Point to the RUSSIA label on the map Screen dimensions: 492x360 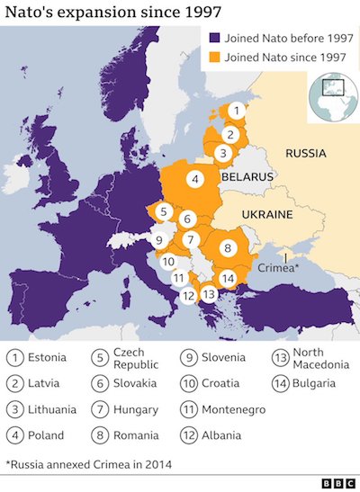tap(305, 154)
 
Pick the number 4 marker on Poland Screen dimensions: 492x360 tap(194, 179)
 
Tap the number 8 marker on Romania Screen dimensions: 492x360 tap(228, 247)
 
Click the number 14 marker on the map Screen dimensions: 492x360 tap(228, 278)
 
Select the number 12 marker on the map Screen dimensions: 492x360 tap(188, 295)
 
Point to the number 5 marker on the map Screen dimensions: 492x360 tap(164, 212)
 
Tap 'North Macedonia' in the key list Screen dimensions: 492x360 tap(320, 358)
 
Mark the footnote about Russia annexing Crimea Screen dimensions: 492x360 tap(88, 464)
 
